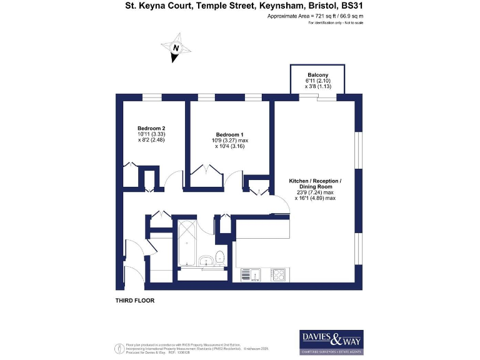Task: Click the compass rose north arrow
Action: (176, 48)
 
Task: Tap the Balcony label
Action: (317, 74)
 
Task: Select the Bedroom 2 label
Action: (151, 128)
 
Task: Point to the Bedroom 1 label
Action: (229, 135)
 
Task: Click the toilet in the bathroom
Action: (220, 257)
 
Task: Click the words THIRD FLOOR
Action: (134, 301)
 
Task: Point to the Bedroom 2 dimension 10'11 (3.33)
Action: (151, 134)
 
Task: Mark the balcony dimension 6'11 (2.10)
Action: (317, 81)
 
